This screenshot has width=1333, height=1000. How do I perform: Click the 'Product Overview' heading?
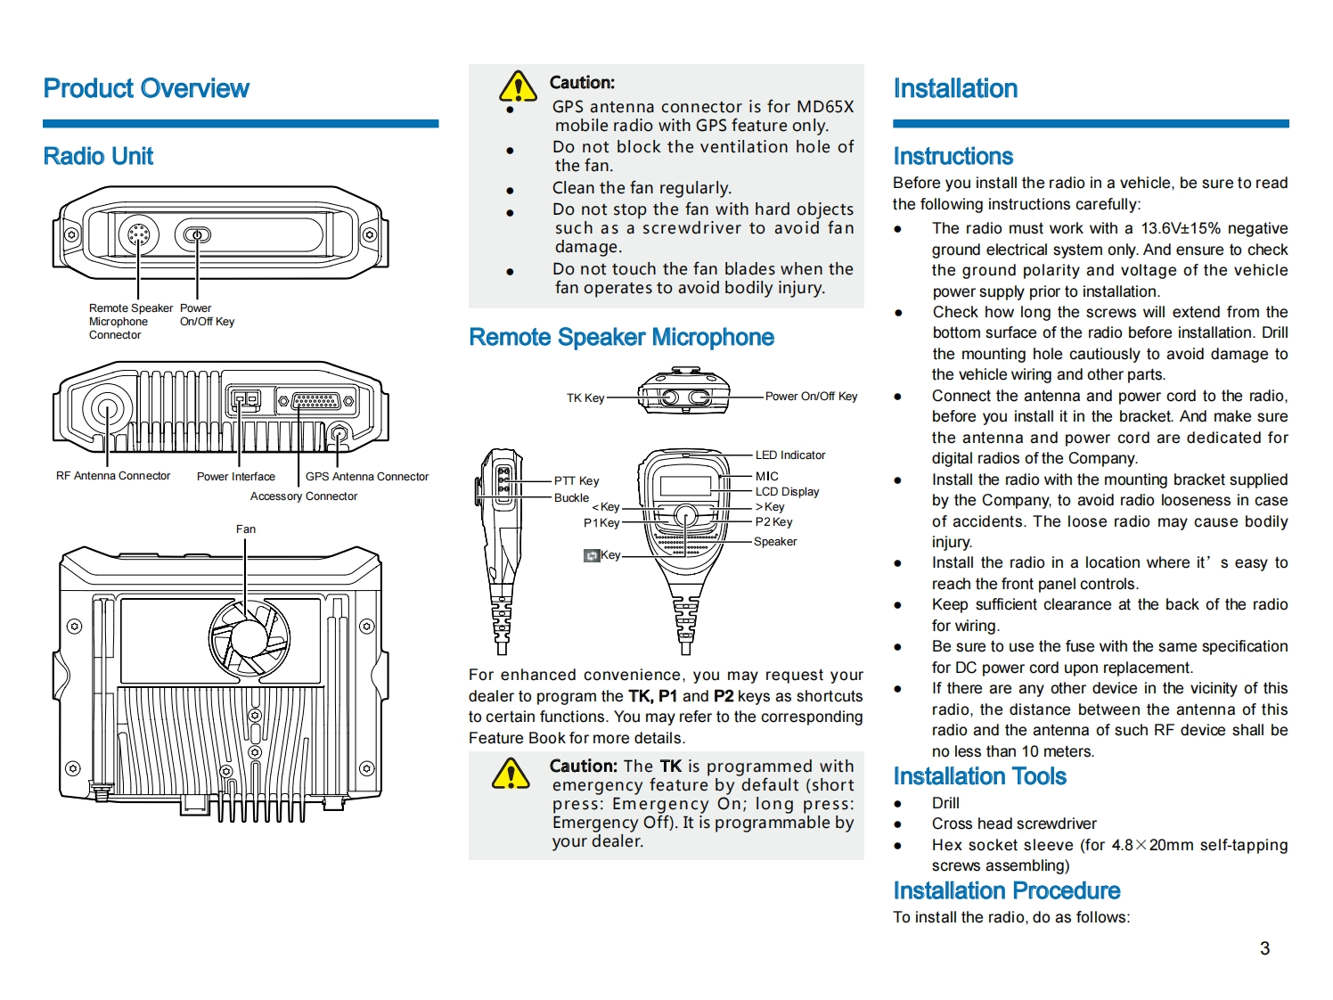click(146, 89)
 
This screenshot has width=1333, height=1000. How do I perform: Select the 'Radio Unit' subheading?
click(98, 157)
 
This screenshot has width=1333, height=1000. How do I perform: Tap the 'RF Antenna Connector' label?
click(113, 476)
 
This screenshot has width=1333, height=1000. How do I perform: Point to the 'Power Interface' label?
click(236, 477)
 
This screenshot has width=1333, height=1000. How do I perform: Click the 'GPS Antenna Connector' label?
click(367, 477)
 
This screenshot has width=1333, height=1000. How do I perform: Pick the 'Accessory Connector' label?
click(304, 496)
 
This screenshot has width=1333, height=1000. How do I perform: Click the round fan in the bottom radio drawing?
click(249, 636)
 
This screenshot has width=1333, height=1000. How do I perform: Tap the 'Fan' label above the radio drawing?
click(246, 529)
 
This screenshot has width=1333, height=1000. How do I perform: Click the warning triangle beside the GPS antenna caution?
click(518, 87)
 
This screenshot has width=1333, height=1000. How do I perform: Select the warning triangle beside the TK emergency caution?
click(511, 774)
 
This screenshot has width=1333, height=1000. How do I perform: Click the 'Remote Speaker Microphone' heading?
click(621, 338)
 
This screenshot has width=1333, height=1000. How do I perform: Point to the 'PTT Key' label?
click(577, 481)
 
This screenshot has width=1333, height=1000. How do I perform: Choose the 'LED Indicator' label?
click(790, 455)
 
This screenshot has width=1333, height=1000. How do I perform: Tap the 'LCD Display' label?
click(787, 492)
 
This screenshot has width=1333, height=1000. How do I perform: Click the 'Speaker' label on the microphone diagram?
click(775, 542)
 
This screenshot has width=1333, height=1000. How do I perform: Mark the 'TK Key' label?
click(585, 398)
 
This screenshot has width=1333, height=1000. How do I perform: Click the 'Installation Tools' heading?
click(979, 776)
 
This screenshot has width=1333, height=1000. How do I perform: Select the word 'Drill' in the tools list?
click(945, 803)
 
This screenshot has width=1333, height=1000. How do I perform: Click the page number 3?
click(1264, 949)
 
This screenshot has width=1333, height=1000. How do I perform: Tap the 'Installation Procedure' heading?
click(1006, 891)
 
